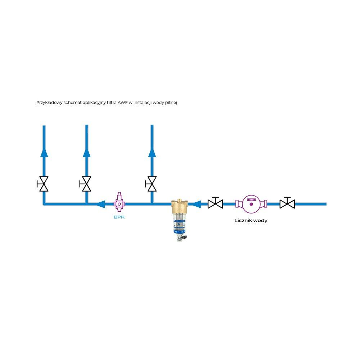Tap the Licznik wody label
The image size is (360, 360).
[x=251, y=221]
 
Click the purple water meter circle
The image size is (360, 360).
[x=251, y=204]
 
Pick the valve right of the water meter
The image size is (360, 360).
[x=287, y=203]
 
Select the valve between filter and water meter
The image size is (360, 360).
[x=215, y=203]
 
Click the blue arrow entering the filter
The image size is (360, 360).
[x=195, y=204]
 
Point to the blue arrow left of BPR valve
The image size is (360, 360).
[x=100, y=204]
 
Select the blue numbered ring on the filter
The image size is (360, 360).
[x=179, y=232]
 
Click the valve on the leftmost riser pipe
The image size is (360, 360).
[x=44, y=184]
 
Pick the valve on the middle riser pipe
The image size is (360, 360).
[x=86, y=184]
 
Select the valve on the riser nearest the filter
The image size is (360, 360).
[x=152, y=184]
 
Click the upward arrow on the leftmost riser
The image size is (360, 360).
[x=44, y=153]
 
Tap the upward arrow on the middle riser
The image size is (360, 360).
[x=86, y=153]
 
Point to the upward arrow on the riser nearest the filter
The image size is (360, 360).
[x=152, y=153]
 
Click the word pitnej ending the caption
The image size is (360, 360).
[x=172, y=103]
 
